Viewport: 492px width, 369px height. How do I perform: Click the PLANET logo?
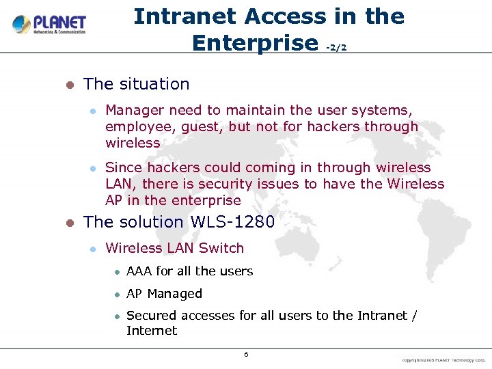(x=49, y=25)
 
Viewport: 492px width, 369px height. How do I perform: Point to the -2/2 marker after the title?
(x=337, y=47)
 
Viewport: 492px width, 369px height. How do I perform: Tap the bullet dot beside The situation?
(x=68, y=85)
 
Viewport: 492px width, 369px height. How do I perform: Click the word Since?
(x=124, y=167)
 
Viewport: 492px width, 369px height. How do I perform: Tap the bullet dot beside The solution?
(x=68, y=223)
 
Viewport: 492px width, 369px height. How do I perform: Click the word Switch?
(x=221, y=248)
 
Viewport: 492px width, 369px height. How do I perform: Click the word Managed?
(x=175, y=294)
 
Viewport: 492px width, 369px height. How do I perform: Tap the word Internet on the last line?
(x=152, y=331)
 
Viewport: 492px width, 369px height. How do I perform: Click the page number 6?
(x=246, y=354)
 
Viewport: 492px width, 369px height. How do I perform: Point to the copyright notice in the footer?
(x=443, y=359)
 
